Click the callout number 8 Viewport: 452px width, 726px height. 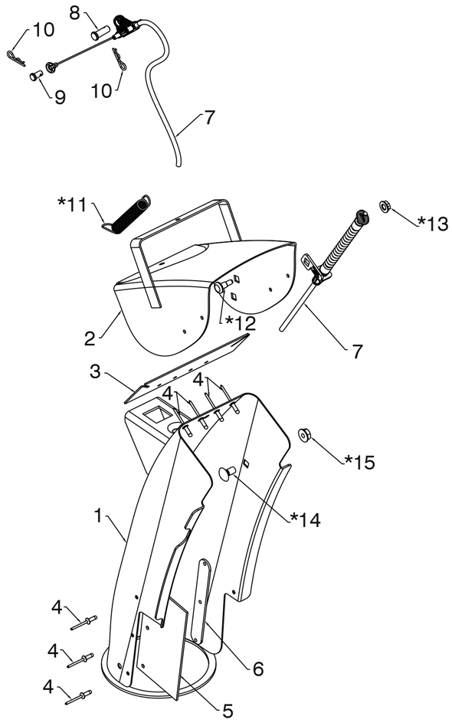[x=75, y=13]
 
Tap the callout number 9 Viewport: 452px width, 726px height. [x=60, y=97]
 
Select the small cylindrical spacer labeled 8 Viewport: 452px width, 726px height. [x=100, y=34]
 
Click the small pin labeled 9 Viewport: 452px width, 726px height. [x=36, y=75]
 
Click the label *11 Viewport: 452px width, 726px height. [x=73, y=204]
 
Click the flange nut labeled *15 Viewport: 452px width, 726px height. [x=304, y=435]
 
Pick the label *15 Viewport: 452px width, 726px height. [x=359, y=462]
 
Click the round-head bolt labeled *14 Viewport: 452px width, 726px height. [x=228, y=473]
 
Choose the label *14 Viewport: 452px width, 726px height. [x=305, y=519]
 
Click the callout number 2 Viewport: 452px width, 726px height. [x=90, y=338]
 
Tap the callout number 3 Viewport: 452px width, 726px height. [x=95, y=371]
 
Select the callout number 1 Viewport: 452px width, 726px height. [x=97, y=515]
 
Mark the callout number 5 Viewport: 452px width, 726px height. [x=228, y=710]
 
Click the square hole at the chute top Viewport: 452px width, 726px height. [x=156, y=415]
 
